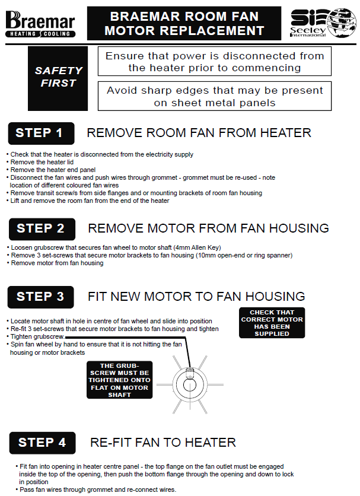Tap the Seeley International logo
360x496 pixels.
coord(323,23)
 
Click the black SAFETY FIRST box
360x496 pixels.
coord(58,77)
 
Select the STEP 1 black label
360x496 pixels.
coord(40,133)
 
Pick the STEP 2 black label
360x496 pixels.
coord(42,228)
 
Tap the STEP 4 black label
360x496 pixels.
coord(42,443)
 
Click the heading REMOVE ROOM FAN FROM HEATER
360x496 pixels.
coord(199,133)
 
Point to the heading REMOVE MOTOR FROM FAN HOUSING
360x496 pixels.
coord(208,228)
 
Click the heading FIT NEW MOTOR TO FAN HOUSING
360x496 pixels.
coord(196,297)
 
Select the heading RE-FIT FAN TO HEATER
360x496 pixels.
coord(163,443)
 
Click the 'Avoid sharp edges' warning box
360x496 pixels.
coord(214,96)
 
